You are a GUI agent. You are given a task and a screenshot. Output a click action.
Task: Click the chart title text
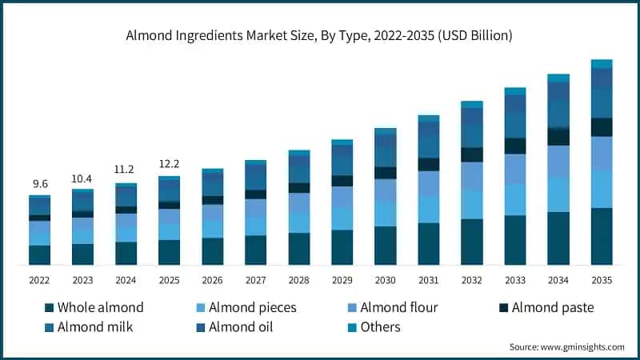[320, 36]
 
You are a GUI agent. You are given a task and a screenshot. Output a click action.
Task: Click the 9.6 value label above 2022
[40, 184]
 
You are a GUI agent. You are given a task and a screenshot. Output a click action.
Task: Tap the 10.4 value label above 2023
[83, 178]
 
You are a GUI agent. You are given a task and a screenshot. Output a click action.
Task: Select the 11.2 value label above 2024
[126, 170]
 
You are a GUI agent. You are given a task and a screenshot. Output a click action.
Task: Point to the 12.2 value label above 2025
[169, 163]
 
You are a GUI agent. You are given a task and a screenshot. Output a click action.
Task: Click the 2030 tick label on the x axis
[385, 280]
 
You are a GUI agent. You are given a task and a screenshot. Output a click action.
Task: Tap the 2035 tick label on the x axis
[602, 280]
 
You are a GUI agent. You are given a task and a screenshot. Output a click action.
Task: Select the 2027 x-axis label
[255, 280]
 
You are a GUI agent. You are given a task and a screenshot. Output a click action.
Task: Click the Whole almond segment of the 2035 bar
[602, 236]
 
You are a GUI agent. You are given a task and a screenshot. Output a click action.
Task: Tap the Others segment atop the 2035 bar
[602, 64]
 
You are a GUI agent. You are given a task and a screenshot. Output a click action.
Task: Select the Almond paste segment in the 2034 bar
[558, 137]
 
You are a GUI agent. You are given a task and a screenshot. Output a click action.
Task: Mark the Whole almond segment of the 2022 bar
[40, 254]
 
